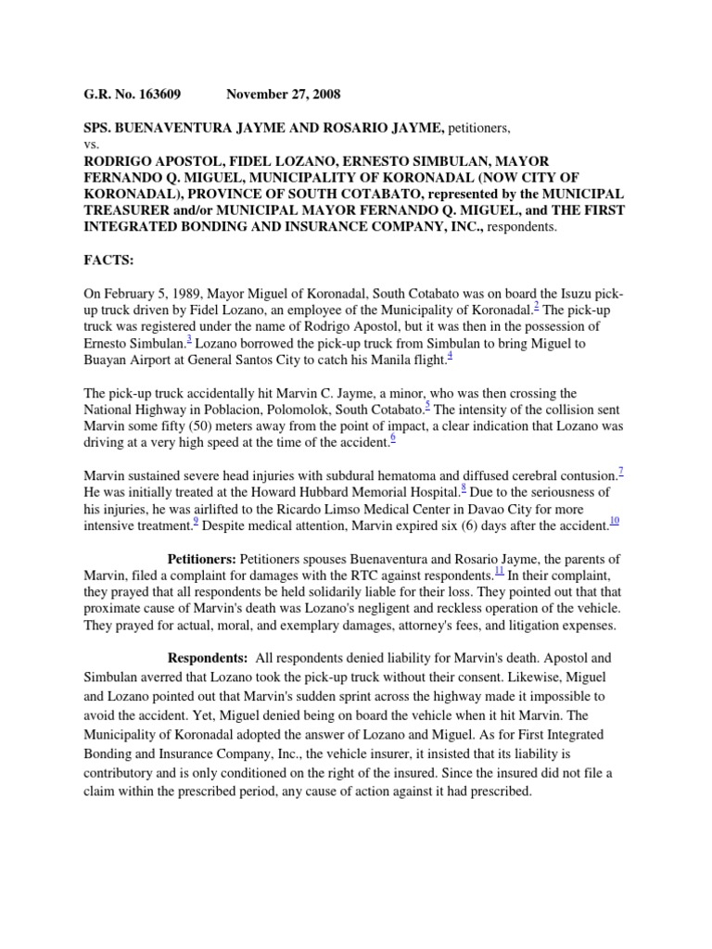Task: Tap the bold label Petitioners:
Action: (201, 559)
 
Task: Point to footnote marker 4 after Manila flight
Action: (450, 355)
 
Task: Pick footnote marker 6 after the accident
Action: (392, 437)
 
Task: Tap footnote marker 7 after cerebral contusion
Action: (620, 470)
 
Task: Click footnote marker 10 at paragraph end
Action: (615, 521)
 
